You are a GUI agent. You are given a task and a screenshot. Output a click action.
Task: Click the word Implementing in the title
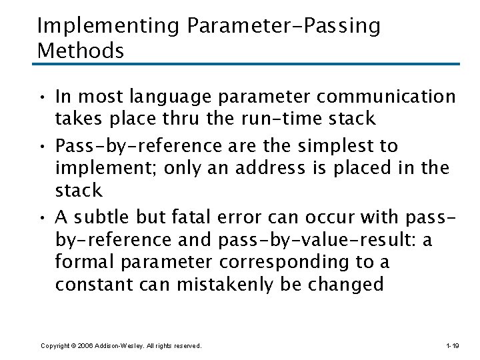point(109,26)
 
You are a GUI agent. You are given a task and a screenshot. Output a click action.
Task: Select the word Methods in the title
point(81,51)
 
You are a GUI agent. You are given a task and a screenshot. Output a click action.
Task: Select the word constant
point(95,285)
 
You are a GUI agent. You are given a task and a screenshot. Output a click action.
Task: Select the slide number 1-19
point(451,346)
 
